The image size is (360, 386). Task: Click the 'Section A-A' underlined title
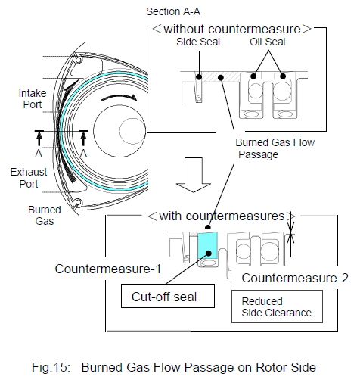(x=173, y=12)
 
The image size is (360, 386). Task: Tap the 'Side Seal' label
(x=198, y=42)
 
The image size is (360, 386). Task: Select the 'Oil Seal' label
(x=268, y=42)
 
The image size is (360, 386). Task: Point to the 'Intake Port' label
(x=33, y=99)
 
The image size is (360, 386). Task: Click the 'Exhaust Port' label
(x=29, y=178)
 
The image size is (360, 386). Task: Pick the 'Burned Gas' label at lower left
(x=45, y=215)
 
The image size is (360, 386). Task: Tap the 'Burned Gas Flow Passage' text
(x=275, y=148)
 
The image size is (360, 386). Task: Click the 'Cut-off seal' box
(x=168, y=296)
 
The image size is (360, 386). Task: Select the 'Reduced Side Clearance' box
(x=277, y=307)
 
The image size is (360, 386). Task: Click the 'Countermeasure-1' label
(x=108, y=269)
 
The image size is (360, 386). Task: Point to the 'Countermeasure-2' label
(x=295, y=278)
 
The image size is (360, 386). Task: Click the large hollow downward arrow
(x=194, y=175)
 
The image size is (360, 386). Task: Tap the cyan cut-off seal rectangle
(x=207, y=246)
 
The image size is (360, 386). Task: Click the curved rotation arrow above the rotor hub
(x=119, y=98)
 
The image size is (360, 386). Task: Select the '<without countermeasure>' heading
(x=231, y=29)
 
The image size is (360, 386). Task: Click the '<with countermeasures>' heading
(x=222, y=216)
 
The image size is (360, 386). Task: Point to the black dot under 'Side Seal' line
(x=199, y=76)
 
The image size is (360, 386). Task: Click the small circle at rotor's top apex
(x=79, y=60)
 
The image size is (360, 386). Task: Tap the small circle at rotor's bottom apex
(x=78, y=202)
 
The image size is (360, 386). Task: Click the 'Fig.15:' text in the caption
(x=51, y=367)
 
